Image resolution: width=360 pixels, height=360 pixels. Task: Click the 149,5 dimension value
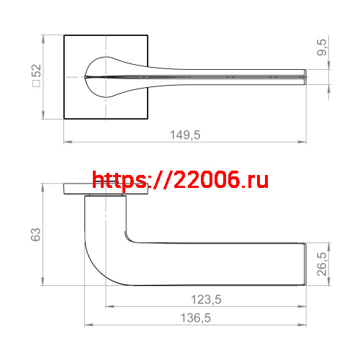coord(185,135)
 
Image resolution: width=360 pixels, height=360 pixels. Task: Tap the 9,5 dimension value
coord(322,48)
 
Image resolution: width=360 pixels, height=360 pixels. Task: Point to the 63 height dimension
coord(36,235)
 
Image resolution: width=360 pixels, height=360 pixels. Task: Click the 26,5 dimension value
coord(322,264)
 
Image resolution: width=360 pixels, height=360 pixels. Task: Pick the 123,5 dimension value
coord(206,300)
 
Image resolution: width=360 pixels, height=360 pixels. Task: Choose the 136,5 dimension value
coord(196,318)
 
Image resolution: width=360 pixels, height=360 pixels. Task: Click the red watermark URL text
coord(180,180)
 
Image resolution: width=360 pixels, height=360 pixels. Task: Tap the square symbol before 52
coord(37,84)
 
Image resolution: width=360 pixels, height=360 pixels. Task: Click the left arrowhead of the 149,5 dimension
coord(68,142)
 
